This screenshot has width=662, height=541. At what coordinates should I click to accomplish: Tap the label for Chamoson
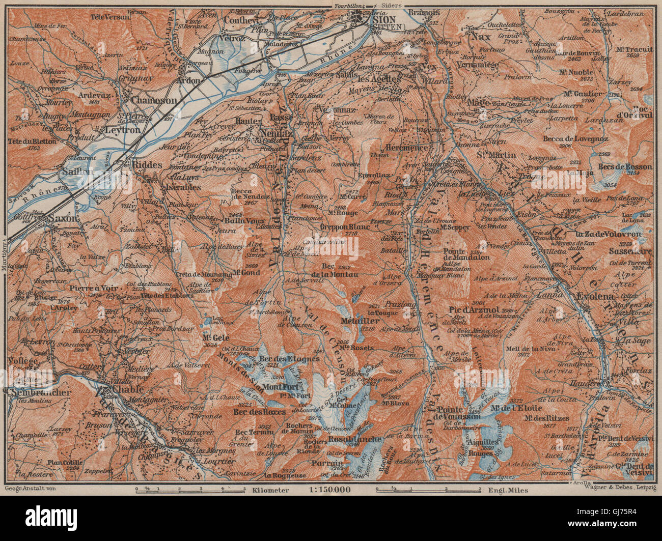(154, 101)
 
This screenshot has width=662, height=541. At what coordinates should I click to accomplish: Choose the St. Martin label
(497, 155)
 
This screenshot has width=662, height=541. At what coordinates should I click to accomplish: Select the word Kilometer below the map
(270, 490)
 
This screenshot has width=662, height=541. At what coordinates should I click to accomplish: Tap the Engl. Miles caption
(507, 490)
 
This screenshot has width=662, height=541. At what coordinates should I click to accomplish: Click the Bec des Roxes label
(259, 411)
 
